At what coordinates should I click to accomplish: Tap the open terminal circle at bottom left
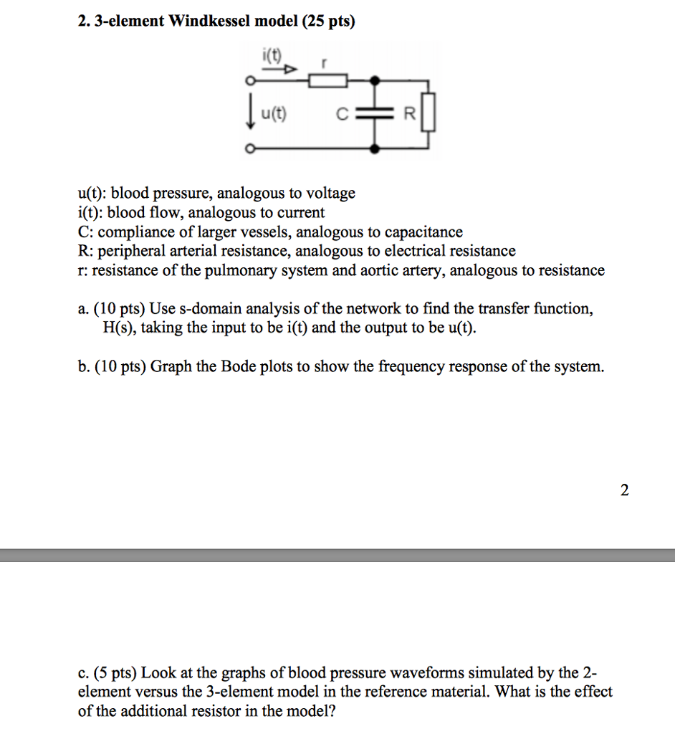coord(249,149)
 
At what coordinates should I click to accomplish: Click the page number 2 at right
coord(624,490)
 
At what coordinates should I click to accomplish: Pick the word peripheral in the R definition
coord(129,252)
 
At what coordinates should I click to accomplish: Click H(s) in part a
coord(120,328)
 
